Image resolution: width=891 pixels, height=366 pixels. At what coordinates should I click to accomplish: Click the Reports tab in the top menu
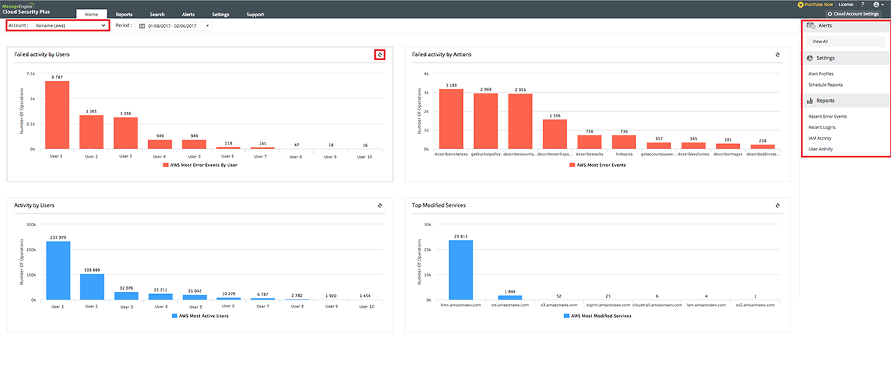(124, 14)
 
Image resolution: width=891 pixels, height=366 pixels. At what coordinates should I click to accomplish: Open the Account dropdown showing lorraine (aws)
(58, 26)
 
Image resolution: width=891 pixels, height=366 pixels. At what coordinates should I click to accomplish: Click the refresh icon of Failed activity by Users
(380, 54)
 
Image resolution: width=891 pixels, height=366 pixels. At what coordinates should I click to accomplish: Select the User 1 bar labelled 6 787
(57, 115)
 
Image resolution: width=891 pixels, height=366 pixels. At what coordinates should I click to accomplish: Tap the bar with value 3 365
(91, 132)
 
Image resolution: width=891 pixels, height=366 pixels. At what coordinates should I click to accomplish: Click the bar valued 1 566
(555, 134)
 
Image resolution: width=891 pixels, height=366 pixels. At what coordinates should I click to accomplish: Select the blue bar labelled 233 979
(58, 271)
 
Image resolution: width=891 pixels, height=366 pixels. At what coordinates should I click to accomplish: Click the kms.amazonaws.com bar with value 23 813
(461, 270)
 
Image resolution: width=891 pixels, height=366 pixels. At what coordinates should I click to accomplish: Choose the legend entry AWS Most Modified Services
(597, 316)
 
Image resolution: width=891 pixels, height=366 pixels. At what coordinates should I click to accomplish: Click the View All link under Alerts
(820, 42)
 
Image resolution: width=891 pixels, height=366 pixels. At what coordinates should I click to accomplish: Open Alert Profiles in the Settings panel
(820, 74)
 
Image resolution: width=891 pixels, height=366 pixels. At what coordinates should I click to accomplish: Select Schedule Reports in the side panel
(825, 85)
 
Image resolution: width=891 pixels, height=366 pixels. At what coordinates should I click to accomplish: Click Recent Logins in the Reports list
(822, 127)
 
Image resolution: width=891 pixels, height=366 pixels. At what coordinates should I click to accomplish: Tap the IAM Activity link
(820, 138)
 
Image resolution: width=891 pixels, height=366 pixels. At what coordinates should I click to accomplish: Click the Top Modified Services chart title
(439, 205)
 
